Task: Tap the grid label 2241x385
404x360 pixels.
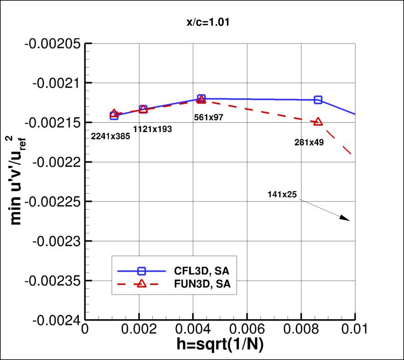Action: click(x=110, y=136)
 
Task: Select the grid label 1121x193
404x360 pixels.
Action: click(x=152, y=129)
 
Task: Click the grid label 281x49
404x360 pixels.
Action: click(x=309, y=143)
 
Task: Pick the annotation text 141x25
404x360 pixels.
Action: click(x=282, y=194)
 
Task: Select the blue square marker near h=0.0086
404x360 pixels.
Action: click(x=318, y=100)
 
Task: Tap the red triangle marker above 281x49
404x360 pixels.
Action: click(x=318, y=122)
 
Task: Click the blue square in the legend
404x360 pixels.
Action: click(x=142, y=271)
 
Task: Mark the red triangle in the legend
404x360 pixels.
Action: click(x=142, y=284)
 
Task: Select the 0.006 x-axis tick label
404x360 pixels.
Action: click(x=247, y=331)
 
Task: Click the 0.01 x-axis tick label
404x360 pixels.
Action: click(x=354, y=331)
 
